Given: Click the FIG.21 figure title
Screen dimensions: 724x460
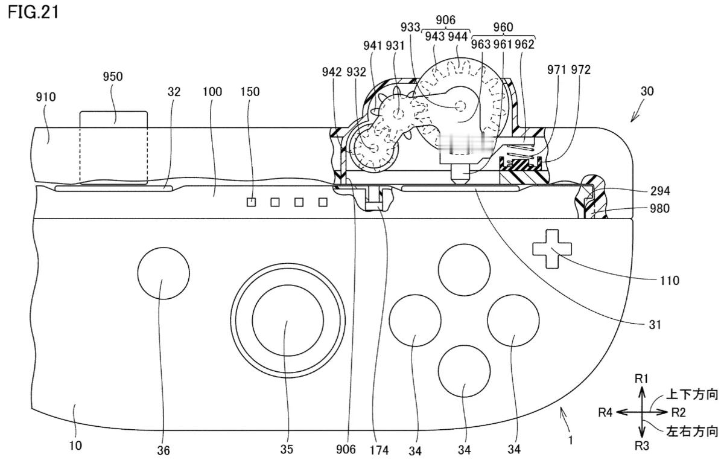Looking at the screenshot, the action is point(33,12).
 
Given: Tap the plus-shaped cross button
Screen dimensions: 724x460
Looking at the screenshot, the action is point(552,249).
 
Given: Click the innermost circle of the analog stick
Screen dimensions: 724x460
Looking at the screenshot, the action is point(288,321).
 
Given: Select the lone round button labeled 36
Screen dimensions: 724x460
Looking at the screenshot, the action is point(164,273).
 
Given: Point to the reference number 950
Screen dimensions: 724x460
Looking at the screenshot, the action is point(113,77).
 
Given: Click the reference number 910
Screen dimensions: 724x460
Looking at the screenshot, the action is point(46,97).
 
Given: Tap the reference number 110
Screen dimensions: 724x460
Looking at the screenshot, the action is point(669,281).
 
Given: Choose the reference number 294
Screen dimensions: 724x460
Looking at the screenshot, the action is point(660,191).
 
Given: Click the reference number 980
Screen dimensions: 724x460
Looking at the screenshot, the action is point(659,208).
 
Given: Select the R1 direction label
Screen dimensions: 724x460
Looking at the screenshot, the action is point(641,379).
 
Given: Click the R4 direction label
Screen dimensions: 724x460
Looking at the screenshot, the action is point(605,412).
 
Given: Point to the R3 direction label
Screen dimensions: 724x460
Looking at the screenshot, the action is point(642,446).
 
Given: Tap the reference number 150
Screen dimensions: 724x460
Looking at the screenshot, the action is point(250,92).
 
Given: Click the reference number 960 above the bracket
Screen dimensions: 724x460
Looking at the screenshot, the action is point(503,27).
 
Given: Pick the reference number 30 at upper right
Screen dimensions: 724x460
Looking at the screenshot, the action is point(647,91).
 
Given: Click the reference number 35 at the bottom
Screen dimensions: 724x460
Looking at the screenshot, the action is point(287,449).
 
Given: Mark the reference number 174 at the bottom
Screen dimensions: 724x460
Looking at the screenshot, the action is point(379,450).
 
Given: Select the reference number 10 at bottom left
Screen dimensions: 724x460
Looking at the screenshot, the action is point(75,446).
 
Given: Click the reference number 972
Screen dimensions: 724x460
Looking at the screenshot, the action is point(581,70).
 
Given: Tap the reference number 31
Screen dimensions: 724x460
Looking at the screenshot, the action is point(655,324).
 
